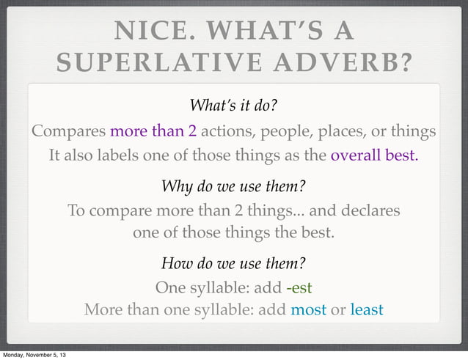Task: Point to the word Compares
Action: click(x=68, y=132)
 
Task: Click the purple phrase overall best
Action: click(x=374, y=156)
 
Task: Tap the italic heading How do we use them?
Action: click(x=233, y=262)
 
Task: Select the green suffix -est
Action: click(x=304, y=287)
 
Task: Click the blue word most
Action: click(x=308, y=309)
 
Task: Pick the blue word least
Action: click(x=367, y=309)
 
